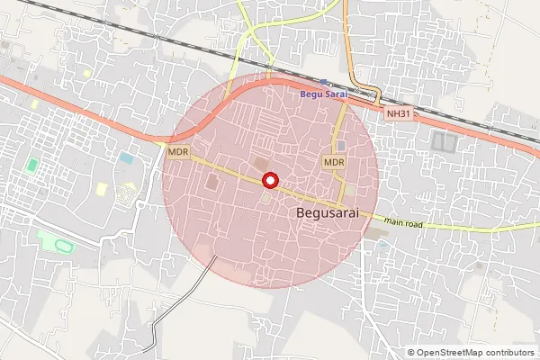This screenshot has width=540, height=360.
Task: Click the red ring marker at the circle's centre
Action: click(269, 181)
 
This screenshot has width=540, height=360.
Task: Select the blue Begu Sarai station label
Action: click(323, 94)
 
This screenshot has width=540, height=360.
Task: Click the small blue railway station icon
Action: click(323, 82)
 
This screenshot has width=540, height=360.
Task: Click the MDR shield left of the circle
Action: click(178, 152)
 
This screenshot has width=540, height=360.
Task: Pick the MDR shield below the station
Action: click(334, 162)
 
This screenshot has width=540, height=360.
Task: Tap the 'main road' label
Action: click(402, 220)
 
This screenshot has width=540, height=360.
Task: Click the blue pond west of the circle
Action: click(126, 158)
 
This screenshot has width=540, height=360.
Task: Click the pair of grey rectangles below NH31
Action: click(445, 140)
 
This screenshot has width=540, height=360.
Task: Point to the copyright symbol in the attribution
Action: click(411, 353)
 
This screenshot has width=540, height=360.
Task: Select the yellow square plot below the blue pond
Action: click(102, 189)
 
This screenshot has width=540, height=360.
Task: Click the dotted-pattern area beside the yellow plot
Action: click(129, 191)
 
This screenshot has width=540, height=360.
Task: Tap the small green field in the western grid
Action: click(32, 166)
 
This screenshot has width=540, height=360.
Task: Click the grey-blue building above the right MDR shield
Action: click(341, 146)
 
